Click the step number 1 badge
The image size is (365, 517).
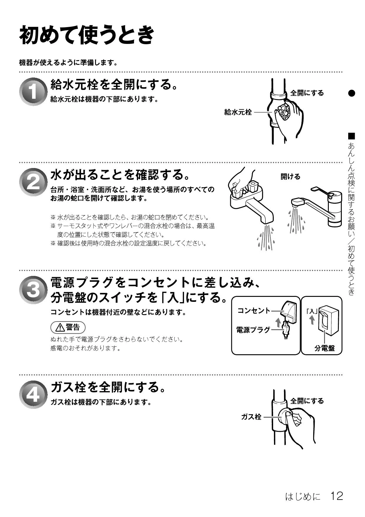pos(33,91)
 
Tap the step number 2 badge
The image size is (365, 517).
pos(33,182)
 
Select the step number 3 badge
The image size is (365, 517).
pos(33,290)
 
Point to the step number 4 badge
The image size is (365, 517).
pos(33,395)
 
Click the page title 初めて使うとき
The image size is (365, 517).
pos(87,35)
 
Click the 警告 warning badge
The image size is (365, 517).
pos(68,327)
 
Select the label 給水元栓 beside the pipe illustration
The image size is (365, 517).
pos(238,112)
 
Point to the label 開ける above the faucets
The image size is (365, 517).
pos(291,177)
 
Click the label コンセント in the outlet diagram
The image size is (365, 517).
pos(254,310)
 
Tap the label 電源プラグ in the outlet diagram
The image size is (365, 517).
pos(253,330)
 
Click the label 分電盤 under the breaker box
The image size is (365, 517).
pos(324,348)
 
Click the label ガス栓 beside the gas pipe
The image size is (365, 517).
pos(251,417)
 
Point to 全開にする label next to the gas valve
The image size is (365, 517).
pos(307,401)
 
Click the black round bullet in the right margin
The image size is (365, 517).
pos(352,93)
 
